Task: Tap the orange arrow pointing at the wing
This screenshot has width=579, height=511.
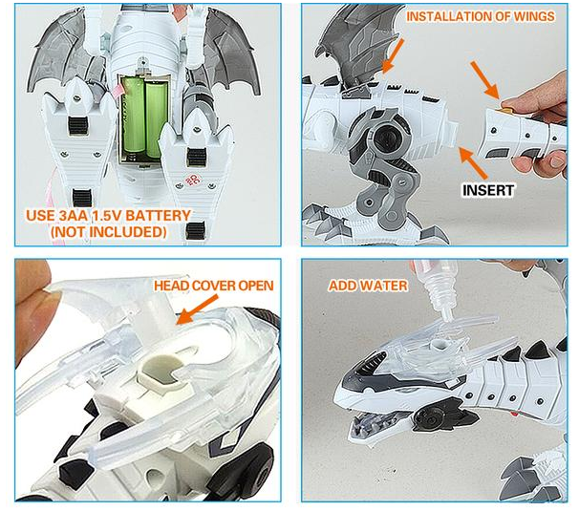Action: [393, 53]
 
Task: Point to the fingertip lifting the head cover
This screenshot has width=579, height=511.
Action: [31, 306]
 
